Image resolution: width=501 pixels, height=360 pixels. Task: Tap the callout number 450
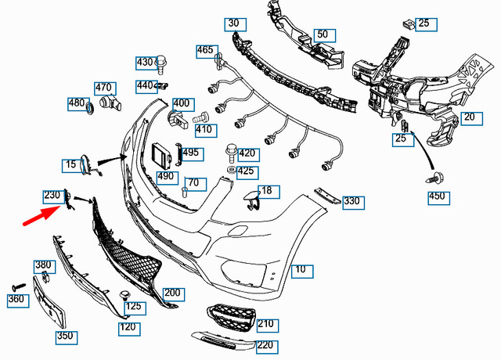pos(440,196)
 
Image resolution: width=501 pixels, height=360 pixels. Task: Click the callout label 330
pos(351,201)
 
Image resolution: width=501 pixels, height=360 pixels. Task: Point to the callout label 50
pos(322,34)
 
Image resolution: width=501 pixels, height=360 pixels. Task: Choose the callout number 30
pos(233,23)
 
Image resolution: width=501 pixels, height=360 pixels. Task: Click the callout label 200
pos(172,293)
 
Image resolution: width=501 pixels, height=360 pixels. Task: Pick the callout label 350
pos(66,337)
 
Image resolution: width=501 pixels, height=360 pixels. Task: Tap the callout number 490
pos(165,177)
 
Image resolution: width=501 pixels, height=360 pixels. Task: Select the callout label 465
pos(205,50)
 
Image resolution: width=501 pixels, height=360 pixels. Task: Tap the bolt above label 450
pos(432,178)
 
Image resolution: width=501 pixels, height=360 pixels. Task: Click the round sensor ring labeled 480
pos(90,106)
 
